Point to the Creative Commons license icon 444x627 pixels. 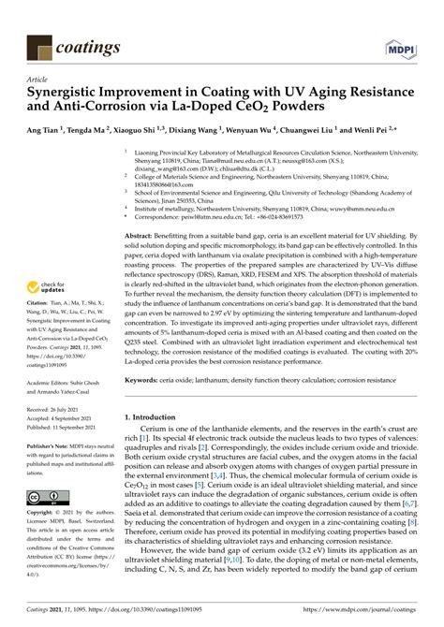[46, 497]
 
